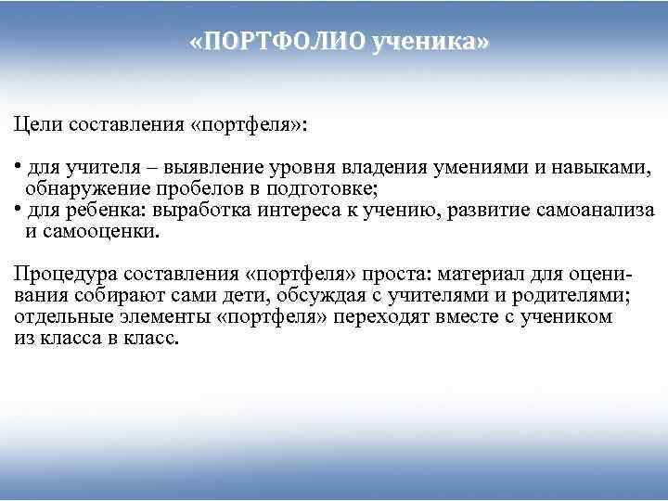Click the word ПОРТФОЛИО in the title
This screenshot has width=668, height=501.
[x=281, y=43]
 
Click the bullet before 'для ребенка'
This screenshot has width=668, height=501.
[x=19, y=209]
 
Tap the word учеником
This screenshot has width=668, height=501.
[x=569, y=316]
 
